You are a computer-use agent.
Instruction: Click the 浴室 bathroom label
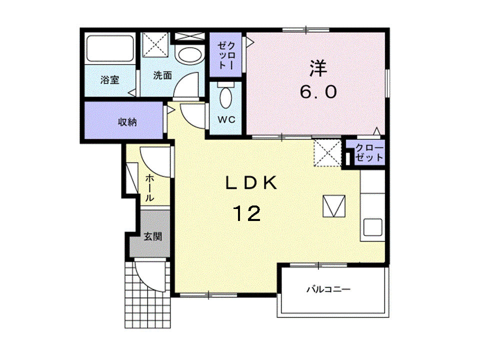click(109, 80)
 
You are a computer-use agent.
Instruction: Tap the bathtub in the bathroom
click(110, 48)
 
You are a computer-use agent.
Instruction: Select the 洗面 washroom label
click(162, 75)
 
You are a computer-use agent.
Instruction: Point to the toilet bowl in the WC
click(226, 98)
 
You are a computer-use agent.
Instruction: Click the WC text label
click(226, 119)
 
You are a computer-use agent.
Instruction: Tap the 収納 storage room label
click(127, 122)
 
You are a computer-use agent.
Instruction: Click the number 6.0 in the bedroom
click(318, 91)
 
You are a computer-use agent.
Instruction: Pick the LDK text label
click(251, 183)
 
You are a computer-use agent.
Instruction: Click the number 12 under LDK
click(246, 213)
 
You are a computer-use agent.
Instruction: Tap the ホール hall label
click(149, 187)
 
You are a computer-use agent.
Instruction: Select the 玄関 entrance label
click(153, 236)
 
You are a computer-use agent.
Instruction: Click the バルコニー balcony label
click(328, 289)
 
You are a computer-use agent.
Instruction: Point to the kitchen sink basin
click(372, 227)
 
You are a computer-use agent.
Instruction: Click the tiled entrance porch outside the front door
click(147, 294)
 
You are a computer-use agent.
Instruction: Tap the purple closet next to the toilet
click(225, 55)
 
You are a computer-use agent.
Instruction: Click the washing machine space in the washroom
click(155, 44)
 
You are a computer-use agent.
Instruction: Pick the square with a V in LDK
click(334, 206)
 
